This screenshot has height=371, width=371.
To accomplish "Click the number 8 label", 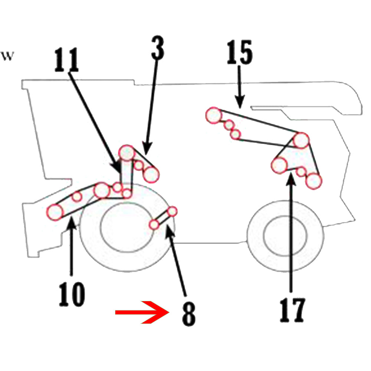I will [x=188, y=314].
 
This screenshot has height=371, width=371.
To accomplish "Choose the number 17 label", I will [x=292, y=309].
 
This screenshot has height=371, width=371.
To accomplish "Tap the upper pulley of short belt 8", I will [x=173, y=211].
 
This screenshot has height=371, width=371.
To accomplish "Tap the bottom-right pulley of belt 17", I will [x=314, y=181].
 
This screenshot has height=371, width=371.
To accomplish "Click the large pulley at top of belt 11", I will [x=126, y=152].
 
